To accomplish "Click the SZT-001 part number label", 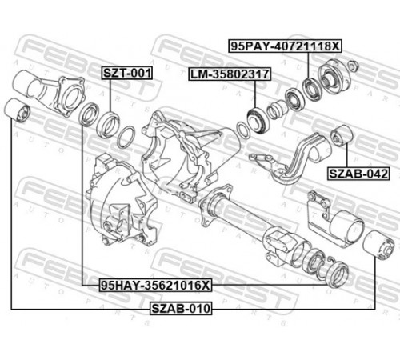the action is tap(126, 73).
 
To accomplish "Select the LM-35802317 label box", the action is tap(230, 74).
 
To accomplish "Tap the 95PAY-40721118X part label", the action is tap(285, 46).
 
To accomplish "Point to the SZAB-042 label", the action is tap(358, 174).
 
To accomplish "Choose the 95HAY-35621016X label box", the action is tap(155, 285).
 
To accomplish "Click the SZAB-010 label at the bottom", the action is tap(181, 309).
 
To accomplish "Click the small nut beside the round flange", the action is tap(354, 65).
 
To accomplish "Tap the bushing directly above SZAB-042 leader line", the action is tap(342, 135).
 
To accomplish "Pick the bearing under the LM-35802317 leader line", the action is tap(258, 120).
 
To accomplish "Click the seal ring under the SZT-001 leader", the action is tap(108, 125).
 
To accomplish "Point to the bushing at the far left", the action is tap(18, 110).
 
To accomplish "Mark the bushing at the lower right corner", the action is tap(378, 245).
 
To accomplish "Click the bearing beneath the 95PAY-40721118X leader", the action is tap(313, 89).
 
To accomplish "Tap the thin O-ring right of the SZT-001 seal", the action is tap(126, 137).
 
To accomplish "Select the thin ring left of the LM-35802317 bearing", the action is tap(243, 130).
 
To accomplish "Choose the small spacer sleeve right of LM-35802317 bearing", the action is tap(277, 110).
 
